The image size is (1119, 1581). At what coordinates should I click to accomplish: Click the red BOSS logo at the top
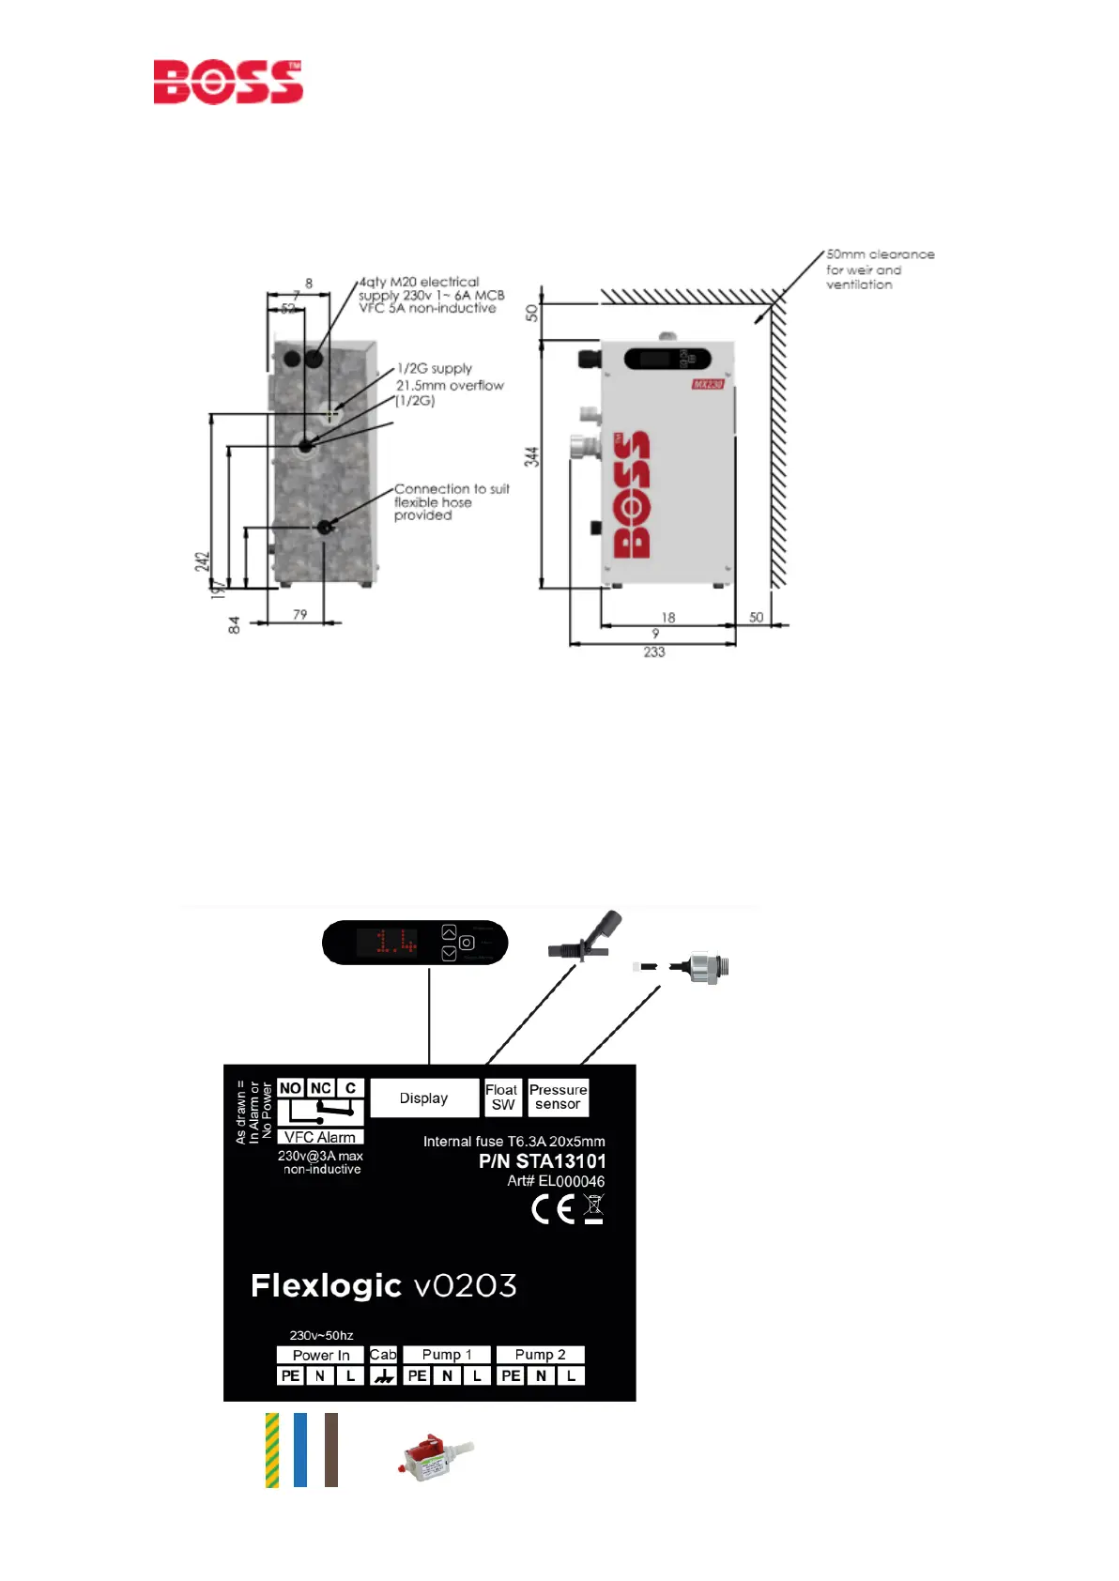[228, 82]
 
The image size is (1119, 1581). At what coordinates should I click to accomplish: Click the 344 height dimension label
[531, 457]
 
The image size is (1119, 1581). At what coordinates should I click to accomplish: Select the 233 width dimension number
[654, 652]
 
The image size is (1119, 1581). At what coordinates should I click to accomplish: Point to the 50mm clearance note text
[880, 269]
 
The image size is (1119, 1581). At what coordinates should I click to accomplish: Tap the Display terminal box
[424, 1097]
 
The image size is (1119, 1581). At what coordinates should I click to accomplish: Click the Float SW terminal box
[502, 1097]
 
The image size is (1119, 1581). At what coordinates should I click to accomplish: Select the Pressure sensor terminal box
[559, 1097]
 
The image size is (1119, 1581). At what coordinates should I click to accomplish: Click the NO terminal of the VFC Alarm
[290, 1088]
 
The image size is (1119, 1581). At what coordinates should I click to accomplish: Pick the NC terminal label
[321, 1088]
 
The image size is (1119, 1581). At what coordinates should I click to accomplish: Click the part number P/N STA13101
[542, 1161]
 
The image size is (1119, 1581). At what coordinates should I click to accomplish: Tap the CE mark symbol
[553, 1209]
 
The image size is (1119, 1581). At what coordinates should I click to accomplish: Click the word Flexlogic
[326, 1285]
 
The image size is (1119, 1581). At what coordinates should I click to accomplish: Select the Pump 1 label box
[447, 1355]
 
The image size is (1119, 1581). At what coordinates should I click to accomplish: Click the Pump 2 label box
[541, 1355]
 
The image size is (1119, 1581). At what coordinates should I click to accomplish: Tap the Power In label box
[320, 1355]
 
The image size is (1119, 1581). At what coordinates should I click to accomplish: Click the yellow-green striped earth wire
[272, 1450]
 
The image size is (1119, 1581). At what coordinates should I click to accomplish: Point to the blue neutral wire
[300, 1450]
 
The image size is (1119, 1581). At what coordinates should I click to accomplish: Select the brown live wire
[331, 1450]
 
